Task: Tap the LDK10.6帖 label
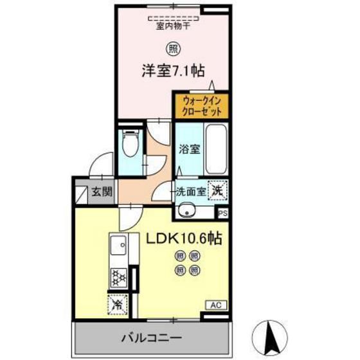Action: coord(184,239)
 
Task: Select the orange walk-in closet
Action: coord(201,105)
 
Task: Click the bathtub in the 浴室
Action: coord(216,147)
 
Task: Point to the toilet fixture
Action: coord(130,145)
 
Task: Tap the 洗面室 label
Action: coord(190,191)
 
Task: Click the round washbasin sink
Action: coord(188,210)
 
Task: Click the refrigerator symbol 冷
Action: coord(118,301)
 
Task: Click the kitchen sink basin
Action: coord(118,246)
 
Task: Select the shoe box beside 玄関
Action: coord(82,191)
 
